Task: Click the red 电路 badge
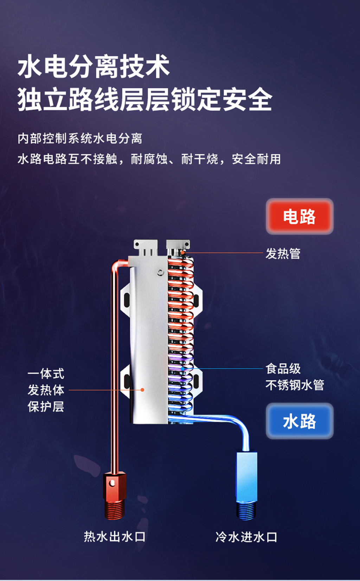pyautogui.click(x=300, y=216)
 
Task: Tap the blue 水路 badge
pyautogui.click(x=300, y=421)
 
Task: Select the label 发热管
pyautogui.click(x=283, y=253)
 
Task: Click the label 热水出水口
pyautogui.click(x=115, y=537)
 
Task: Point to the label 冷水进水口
pyautogui.click(x=246, y=537)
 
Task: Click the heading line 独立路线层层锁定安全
pyautogui.click(x=145, y=100)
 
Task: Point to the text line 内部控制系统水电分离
pyautogui.click(x=80, y=138)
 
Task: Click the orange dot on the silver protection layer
pyautogui.click(x=142, y=390)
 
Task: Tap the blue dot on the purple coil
pyautogui.click(x=183, y=369)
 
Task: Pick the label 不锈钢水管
pyautogui.click(x=295, y=385)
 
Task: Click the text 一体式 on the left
pyautogui.click(x=46, y=373)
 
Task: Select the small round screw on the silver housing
pyautogui.click(x=160, y=272)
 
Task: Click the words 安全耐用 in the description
pyautogui.click(x=256, y=159)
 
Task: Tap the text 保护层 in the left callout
pyautogui.click(x=46, y=407)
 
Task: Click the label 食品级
pyautogui.click(x=283, y=369)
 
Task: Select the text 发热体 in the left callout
pyautogui.click(x=46, y=390)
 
